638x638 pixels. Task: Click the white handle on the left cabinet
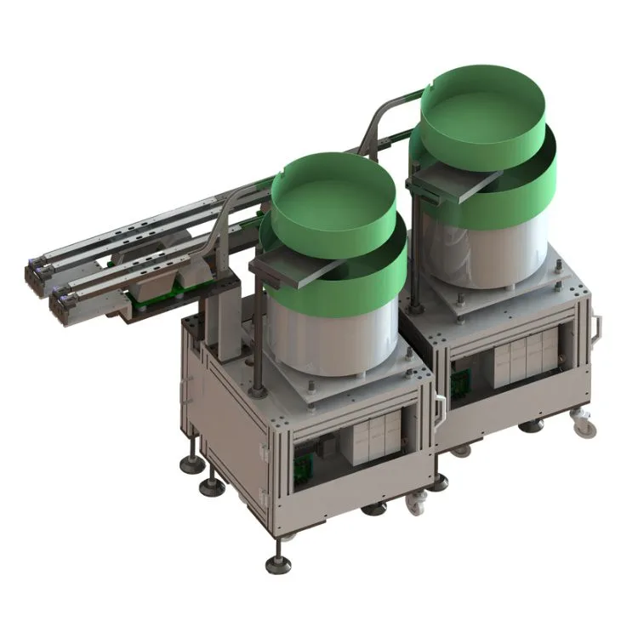click(439, 408)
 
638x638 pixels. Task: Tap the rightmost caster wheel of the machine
click(584, 424)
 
